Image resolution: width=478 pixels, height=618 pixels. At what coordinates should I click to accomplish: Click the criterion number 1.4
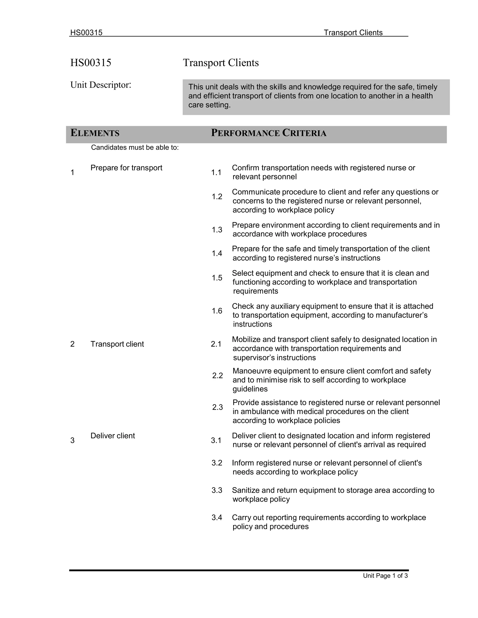click(217, 253)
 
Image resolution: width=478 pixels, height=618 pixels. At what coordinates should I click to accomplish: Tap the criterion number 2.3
click(217, 407)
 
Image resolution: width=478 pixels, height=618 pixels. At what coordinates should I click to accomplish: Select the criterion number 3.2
click(217, 463)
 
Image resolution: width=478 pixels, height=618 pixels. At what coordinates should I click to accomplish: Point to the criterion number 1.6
click(217, 311)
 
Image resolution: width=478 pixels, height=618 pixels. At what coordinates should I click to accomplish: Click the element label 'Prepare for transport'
click(126, 168)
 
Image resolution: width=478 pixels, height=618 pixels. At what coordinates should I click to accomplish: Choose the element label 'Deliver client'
click(113, 436)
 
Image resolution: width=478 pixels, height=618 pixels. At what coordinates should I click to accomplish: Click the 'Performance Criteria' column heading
click(269, 133)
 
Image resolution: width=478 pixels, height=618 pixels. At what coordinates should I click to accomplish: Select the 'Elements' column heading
click(95, 133)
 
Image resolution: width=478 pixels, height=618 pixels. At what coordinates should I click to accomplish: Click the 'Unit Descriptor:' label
click(101, 85)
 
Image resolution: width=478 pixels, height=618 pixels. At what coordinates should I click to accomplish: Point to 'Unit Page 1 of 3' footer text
click(385, 576)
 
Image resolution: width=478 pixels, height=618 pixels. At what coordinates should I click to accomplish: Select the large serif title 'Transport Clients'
click(221, 63)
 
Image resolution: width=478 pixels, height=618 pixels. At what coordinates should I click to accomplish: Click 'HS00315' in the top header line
click(86, 33)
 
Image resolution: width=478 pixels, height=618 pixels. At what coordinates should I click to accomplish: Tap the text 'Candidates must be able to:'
click(135, 148)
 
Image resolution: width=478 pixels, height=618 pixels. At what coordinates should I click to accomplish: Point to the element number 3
click(73, 441)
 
